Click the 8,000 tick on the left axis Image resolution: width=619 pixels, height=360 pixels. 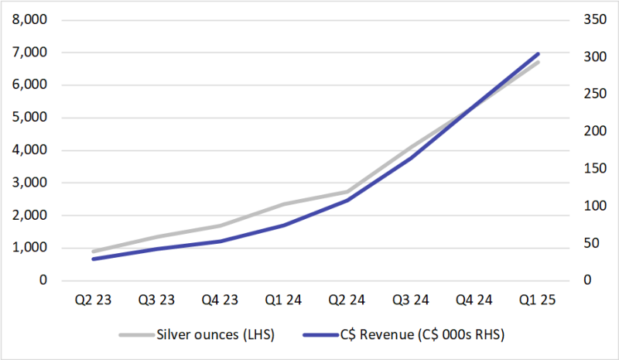(28, 20)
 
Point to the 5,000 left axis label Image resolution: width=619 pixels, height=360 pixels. (28, 118)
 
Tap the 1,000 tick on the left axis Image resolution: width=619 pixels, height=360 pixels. (28, 248)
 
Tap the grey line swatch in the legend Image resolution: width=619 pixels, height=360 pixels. (136, 334)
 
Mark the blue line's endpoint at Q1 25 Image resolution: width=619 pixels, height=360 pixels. (538, 54)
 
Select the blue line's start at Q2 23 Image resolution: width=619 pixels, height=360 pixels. (93, 259)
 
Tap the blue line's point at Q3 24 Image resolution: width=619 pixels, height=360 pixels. (410, 156)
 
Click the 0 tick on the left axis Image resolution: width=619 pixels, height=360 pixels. (42, 280)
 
